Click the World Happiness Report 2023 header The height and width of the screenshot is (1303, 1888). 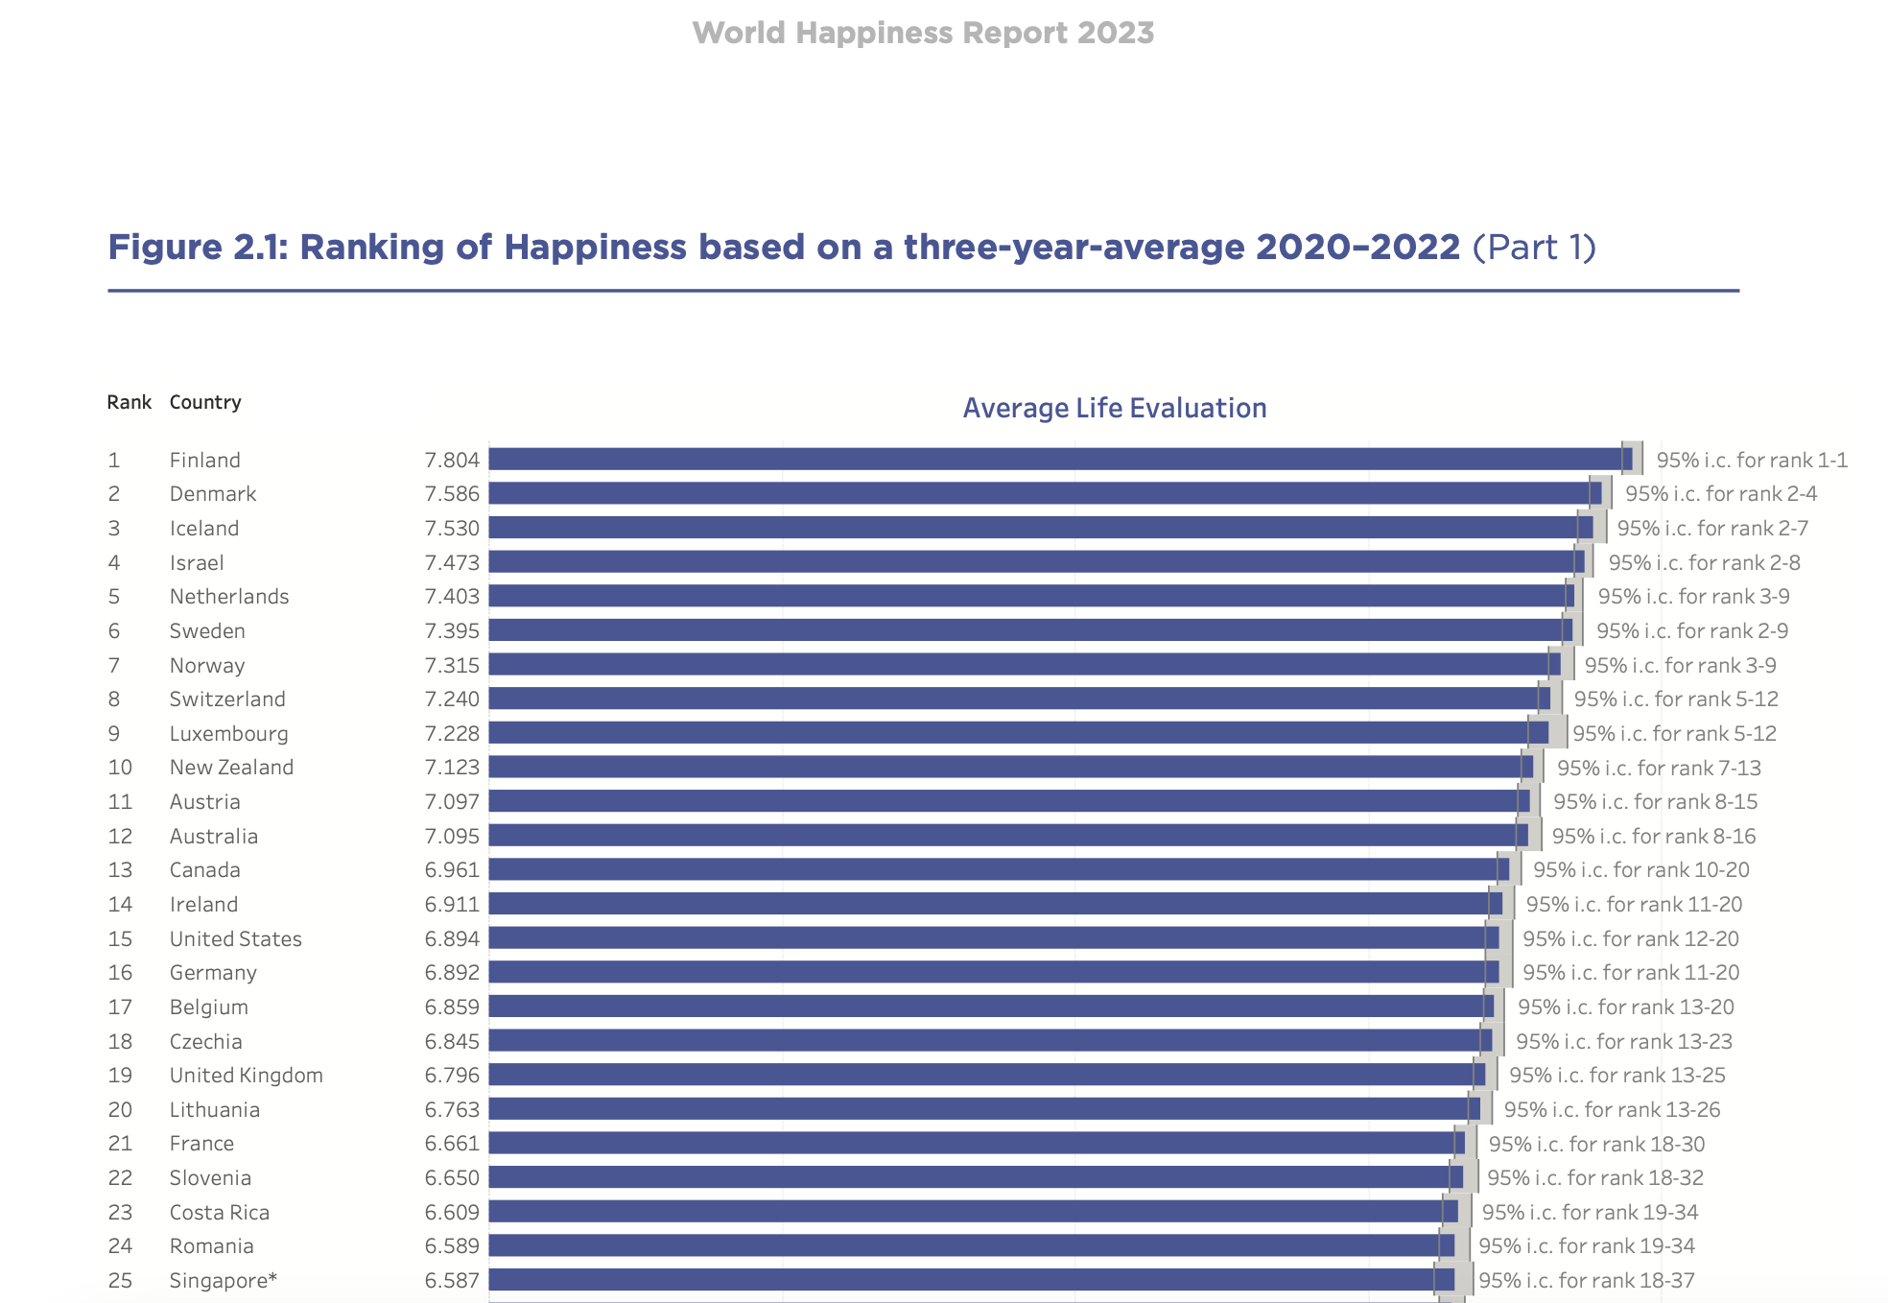(923, 33)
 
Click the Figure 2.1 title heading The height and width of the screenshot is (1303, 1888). (851, 248)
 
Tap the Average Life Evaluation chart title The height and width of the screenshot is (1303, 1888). (1114, 408)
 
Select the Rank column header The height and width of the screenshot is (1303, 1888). (129, 402)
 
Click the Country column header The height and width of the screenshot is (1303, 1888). (205, 402)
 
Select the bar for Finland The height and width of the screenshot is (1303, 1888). (1055, 460)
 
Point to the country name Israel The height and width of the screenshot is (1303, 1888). (197, 562)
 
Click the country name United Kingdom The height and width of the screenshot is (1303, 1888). (246, 1075)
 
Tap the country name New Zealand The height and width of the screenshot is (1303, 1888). (231, 768)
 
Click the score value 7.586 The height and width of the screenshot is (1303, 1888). (452, 494)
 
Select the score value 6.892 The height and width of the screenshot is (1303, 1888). (452, 972)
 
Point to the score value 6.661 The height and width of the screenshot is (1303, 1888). (452, 1144)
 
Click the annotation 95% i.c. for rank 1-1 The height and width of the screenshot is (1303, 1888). (1751, 460)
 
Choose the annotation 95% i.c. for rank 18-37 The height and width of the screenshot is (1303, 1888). (1586, 1280)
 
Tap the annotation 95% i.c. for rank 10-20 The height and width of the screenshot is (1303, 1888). (1640, 869)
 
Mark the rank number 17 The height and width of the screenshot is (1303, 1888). (120, 1007)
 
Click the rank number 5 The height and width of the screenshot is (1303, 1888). (114, 597)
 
